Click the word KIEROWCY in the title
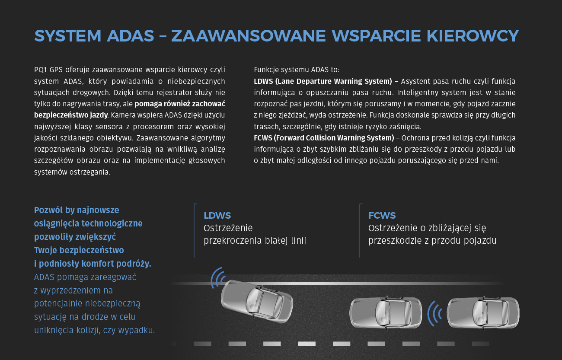pos(473,36)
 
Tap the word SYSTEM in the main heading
pos(68,36)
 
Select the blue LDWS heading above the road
pos(217,215)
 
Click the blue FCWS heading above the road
pos(382,215)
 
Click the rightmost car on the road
pos(483,313)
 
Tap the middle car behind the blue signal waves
pos(385,313)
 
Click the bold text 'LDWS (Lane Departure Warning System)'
pos(323,81)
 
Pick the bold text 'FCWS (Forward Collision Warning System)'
pos(324,138)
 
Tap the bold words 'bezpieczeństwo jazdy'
pos(71,115)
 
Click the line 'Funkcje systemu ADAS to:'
pos(297,70)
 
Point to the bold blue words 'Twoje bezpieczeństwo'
pos(79,250)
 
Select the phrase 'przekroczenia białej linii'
pos(255,241)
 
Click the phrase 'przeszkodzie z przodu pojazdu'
pos(432,241)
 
